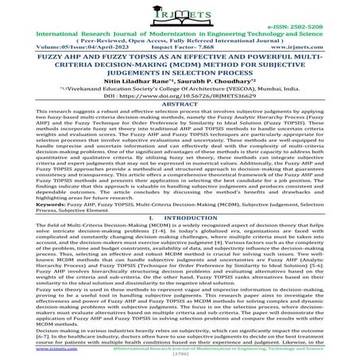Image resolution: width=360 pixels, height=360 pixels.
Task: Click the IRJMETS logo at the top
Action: [180, 16]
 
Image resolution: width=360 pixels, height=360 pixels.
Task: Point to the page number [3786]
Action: [180, 354]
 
